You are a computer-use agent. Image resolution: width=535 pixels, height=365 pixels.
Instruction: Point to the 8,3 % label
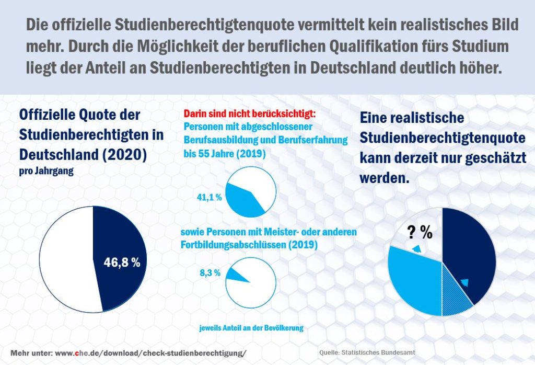tap(209, 272)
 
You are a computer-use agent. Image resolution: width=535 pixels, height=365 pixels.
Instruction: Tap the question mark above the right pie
tap(411, 232)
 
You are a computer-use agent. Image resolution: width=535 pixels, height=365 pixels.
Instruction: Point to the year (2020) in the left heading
tap(128, 154)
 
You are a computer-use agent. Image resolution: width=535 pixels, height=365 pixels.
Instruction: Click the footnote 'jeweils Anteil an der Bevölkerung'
tap(251, 328)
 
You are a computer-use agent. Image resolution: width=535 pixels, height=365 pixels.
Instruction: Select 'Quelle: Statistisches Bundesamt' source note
tap(367, 353)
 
